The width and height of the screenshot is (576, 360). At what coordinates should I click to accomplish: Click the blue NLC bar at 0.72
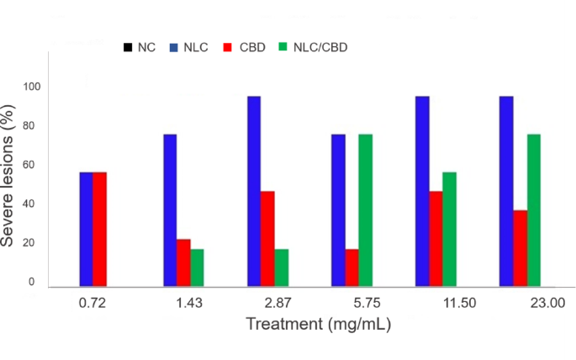pyautogui.click(x=86, y=230)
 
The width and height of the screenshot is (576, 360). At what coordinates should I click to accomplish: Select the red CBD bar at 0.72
pyautogui.click(x=99, y=230)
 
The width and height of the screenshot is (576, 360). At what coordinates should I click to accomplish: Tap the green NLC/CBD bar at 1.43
pyautogui.click(x=197, y=267)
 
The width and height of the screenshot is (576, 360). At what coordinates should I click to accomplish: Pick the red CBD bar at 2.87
pyautogui.click(x=267, y=239)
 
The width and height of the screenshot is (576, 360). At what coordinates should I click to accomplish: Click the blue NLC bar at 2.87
pyautogui.click(x=254, y=192)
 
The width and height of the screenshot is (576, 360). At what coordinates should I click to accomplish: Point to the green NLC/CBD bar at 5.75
pyautogui.click(x=366, y=210)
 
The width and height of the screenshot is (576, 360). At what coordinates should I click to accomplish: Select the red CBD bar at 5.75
pyautogui.click(x=352, y=267)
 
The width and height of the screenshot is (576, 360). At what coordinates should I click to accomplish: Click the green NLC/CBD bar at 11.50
pyautogui.click(x=449, y=230)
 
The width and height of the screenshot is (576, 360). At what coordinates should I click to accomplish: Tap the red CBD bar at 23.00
pyautogui.click(x=521, y=248)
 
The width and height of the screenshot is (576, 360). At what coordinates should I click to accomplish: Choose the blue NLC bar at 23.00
pyautogui.click(x=506, y=192)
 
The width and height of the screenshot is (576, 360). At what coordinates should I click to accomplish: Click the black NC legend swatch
pyautogui.click(x=128, y=47)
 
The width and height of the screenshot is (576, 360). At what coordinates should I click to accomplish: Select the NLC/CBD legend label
pyautogui.click(x=320, y=47)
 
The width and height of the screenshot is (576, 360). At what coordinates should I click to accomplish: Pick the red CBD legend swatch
pyautogui.click(x=228, y=47)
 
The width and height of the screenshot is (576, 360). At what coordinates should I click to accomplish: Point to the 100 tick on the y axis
pyautogui.click(x=32, y=87)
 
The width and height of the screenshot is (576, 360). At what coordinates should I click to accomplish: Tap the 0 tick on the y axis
pyautogui.click(x=32, y=282)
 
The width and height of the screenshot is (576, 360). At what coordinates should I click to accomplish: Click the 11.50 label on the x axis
pyautogui.click(x=459, y=303)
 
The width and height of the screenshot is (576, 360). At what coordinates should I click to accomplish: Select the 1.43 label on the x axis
pyautogui.click(x=189, y=303)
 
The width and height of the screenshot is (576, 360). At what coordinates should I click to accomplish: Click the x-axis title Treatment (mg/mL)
pyautogui.click(x=318, y=325)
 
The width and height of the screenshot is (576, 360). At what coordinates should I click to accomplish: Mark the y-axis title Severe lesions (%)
pyautogui.click(x=8, y=176)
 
